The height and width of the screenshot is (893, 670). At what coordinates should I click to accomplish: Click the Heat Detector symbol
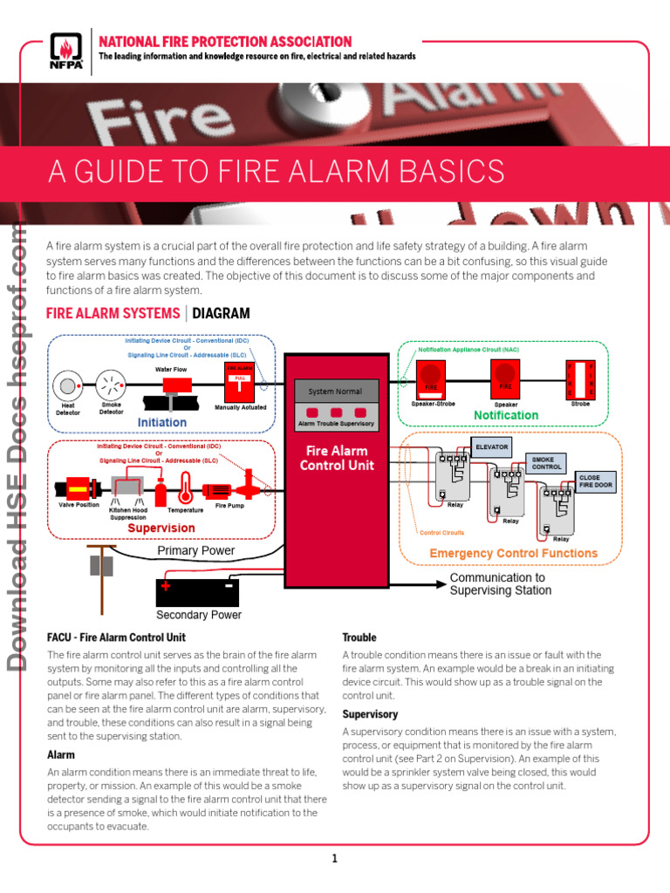coord(66,384)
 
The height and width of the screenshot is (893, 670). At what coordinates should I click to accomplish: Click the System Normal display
coord(336,392)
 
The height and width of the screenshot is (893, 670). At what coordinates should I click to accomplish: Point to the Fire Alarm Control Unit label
coord(337,458)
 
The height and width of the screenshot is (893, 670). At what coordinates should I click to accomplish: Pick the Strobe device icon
coord(579,378)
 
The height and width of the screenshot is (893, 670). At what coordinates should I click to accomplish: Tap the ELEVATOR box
coord(490,446)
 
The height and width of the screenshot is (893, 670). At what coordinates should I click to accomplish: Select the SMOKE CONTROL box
coord(548,462)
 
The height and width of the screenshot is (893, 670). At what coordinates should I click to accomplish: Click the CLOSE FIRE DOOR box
coord(595,481)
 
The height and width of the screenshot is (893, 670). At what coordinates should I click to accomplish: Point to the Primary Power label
coord(195,550)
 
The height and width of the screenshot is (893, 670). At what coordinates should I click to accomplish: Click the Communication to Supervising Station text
coord(500,583)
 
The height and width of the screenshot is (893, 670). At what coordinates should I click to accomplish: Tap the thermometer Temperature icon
coord(186,489)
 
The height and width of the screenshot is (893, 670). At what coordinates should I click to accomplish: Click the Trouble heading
coord(359,637)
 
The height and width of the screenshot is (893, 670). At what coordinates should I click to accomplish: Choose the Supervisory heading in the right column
coord(370,714)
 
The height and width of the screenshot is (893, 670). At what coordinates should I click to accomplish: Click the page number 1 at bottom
coord(334,858)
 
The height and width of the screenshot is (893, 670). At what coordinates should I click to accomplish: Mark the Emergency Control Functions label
coord(513,553)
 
